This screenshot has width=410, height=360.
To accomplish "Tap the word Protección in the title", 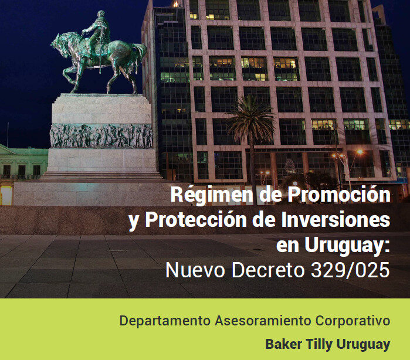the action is click(x=196, y=219).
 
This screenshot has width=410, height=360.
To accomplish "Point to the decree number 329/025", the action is click(x=350, y=270).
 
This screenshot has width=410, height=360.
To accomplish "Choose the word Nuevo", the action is click(x=195, y=270).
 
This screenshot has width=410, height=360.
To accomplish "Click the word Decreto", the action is click(x=268, y=270).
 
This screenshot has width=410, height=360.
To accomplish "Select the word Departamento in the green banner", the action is click(x=165, y=321).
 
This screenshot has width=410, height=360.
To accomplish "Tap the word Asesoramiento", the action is click(x=263, y=321).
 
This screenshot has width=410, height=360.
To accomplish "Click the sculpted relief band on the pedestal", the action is click(x=101, y=135).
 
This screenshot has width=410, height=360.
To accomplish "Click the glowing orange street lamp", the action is click(x=360, y=152).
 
